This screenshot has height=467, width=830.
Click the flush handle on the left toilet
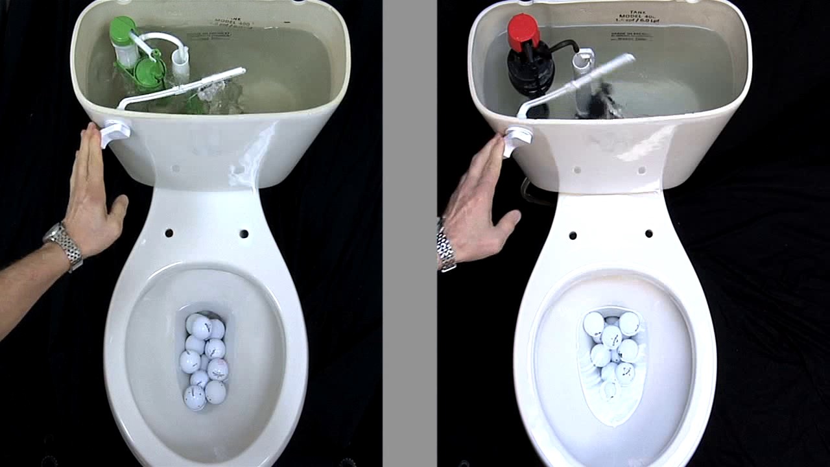point(114,132)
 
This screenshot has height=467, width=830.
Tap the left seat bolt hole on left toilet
point(169,233)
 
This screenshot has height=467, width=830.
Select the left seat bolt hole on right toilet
point(573,235)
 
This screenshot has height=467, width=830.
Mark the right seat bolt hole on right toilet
point(648,233)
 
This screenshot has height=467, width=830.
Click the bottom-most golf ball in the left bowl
point(195,397)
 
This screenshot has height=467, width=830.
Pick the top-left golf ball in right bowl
point(593,324)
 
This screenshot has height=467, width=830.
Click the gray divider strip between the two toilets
point(409,233)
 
